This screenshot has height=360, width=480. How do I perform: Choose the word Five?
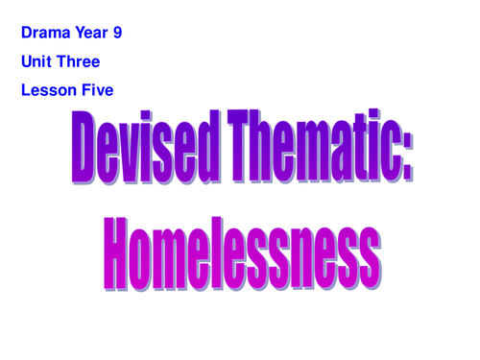[97, 91]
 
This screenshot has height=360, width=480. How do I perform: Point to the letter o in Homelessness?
[149, 253]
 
